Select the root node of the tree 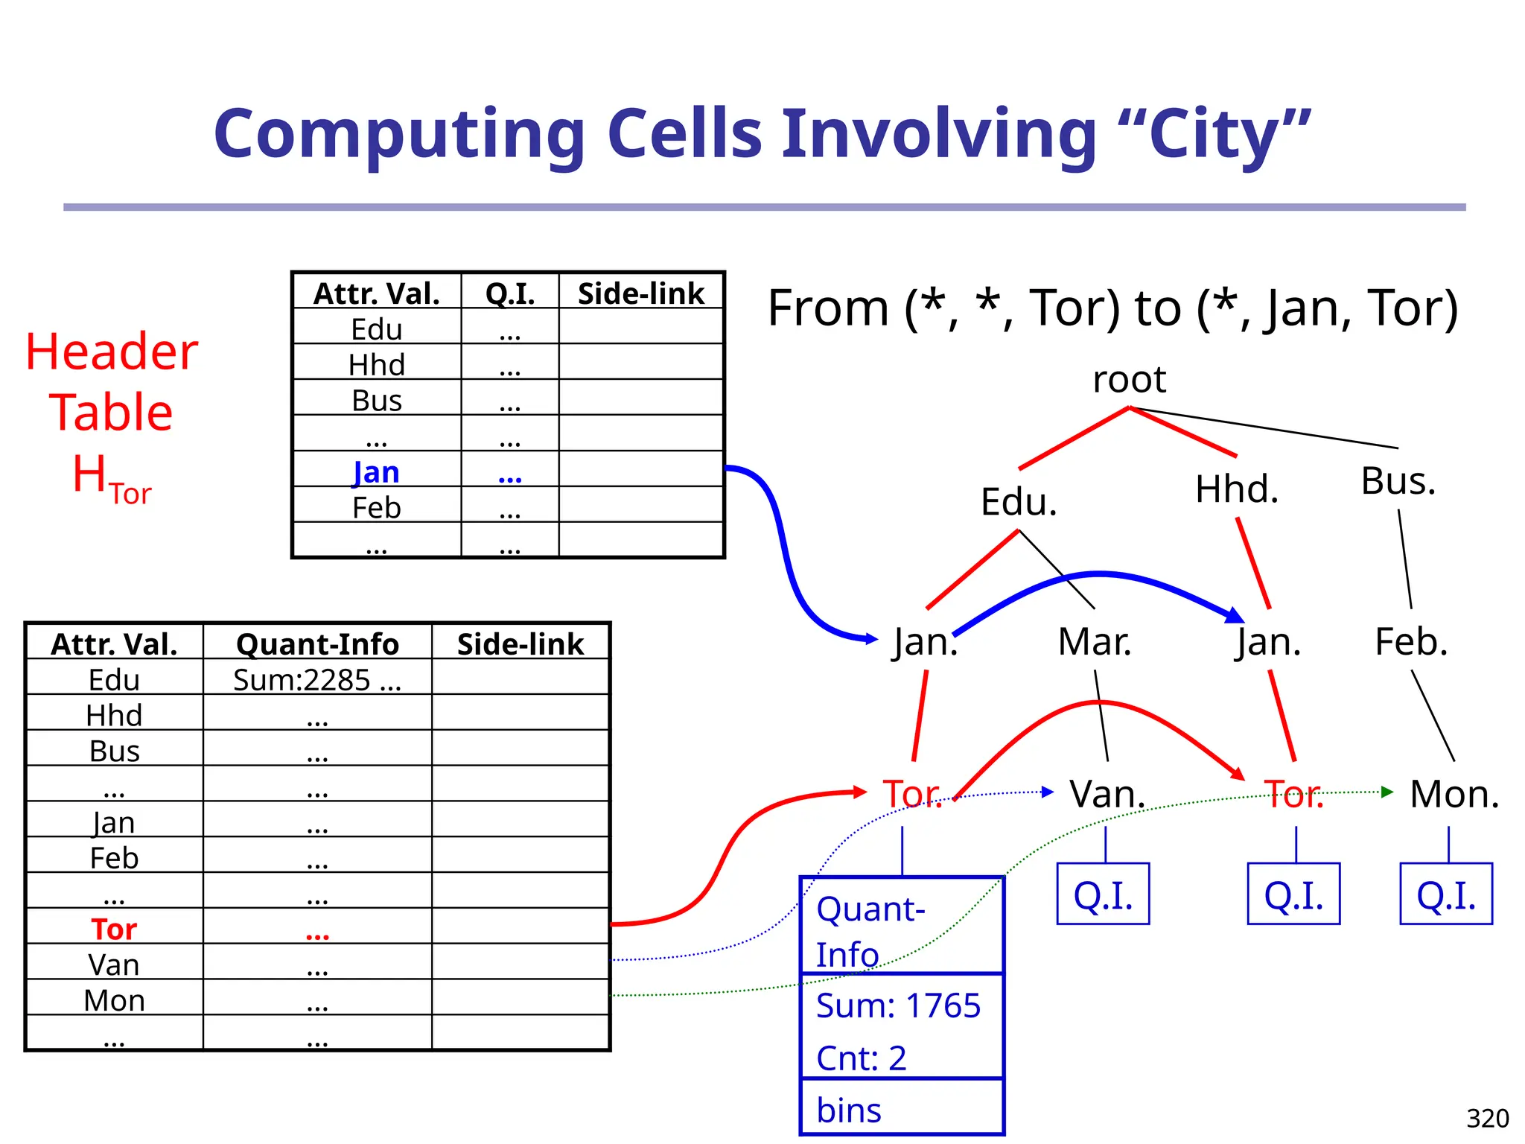coord(1129,380)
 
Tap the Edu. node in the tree coord(1019,501)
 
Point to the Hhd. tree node coord(1237,489)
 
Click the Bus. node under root coord(1398,480)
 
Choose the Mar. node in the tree coord(1095,641)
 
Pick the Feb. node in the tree coord(1411,641)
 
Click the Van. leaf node coord(1107,794)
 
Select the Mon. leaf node coord(1454,794)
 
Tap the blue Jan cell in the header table coord(377,472)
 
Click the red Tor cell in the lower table coord(114,929)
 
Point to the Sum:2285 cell coord(317,679)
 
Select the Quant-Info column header coord(317,644)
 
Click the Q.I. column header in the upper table coord(510,293)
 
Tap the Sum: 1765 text coord(898,1005)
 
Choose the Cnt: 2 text coord(862,1058)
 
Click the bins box coord(902,1110)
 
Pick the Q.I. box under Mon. coord(1446,894)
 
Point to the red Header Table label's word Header coord(112,352)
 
